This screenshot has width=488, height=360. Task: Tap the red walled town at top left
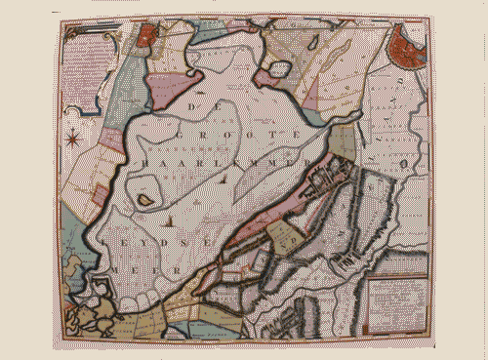(x=148, y=38)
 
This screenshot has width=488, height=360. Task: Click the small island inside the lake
(x=145, y=199)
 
